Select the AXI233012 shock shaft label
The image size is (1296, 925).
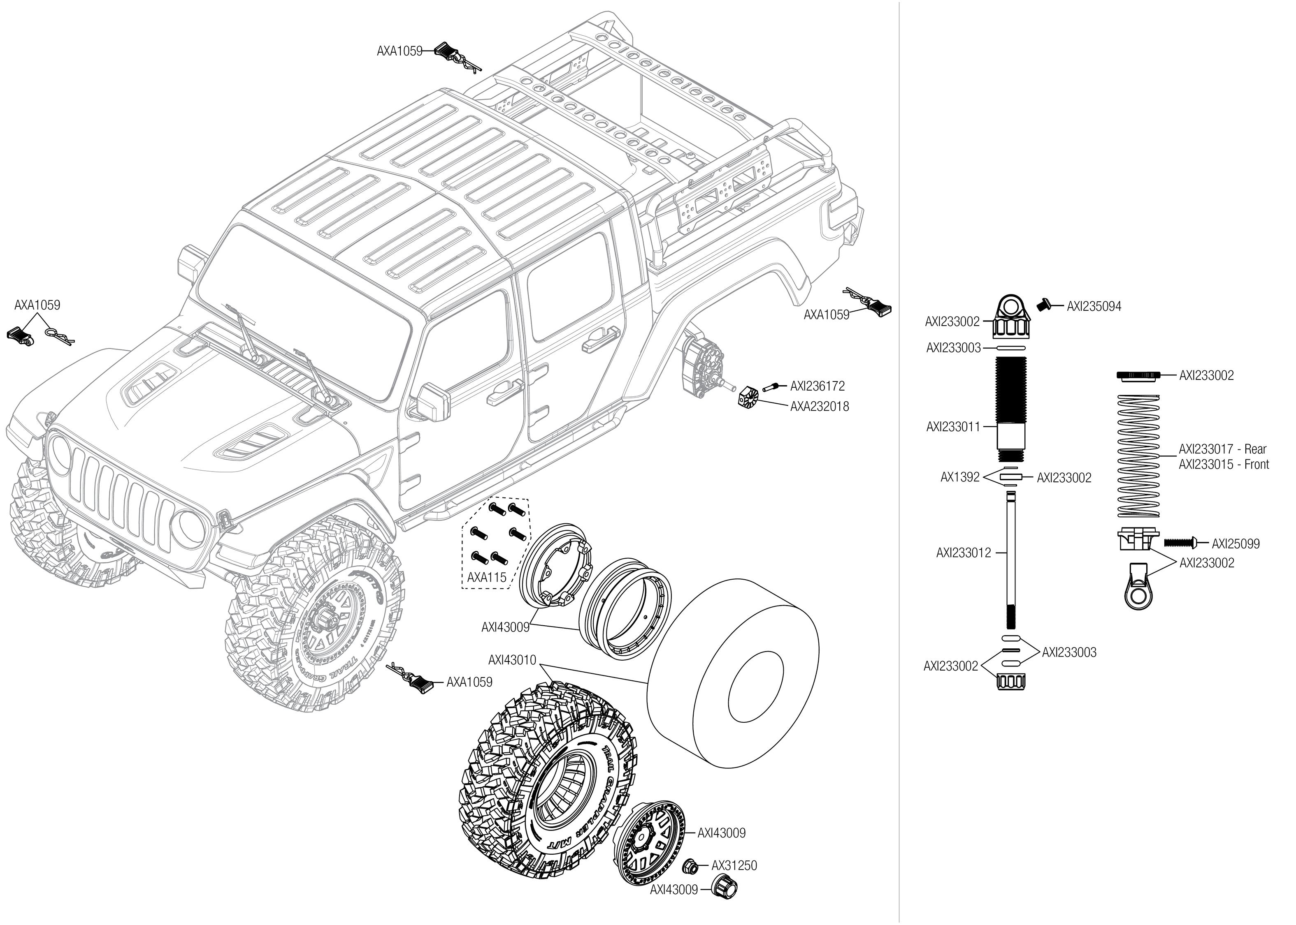tap(963, 553)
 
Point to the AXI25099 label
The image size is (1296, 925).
tap(1236, 543)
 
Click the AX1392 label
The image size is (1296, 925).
tap(960, 477)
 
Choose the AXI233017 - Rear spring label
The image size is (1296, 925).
tap(1222, 449)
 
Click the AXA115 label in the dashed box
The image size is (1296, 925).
tap(487, 577)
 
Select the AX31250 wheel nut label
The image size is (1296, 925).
tap(734, 865)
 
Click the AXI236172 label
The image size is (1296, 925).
tap(817, 386)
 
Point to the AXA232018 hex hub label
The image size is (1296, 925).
tap(819, 406)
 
